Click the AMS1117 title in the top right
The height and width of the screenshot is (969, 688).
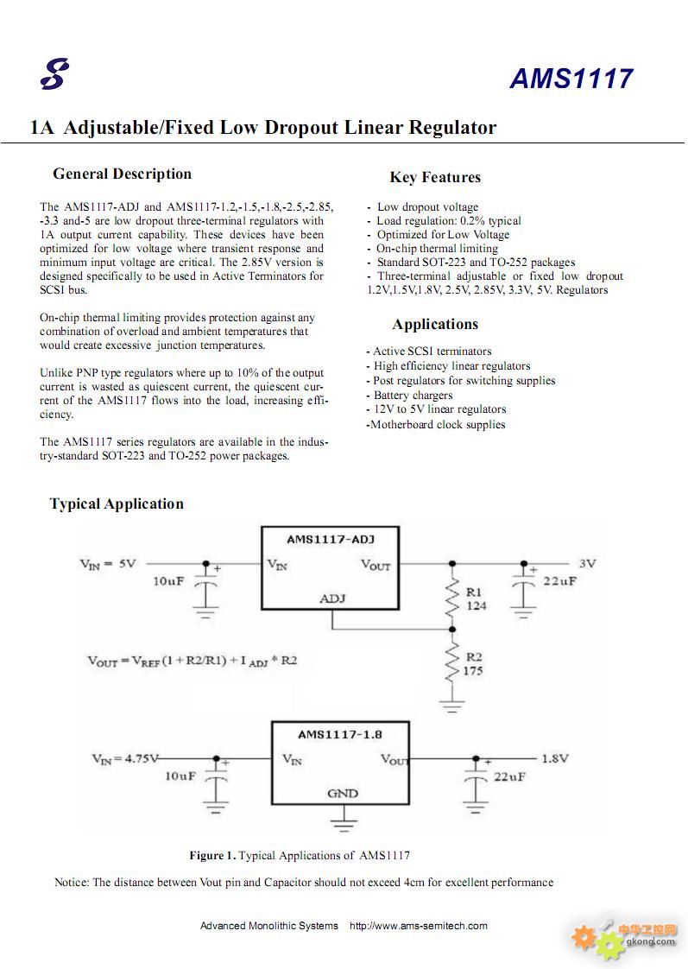[x=571, y=79]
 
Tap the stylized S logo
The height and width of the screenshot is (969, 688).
[x=54, y=74]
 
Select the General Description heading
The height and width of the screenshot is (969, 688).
[x=123, y=174]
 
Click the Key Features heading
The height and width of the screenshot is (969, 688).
[x=435, y=177]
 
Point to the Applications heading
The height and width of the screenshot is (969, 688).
[x=435, y=325]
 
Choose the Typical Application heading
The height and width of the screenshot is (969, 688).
[x=117, y=503]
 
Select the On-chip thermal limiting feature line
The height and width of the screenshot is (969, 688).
[x=433, y=249]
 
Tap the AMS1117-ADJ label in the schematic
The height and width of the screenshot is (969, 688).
[x=331, y=540]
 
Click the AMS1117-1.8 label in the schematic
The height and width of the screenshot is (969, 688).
[x=339, y=735]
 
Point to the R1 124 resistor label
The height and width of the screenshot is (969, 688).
[x=476, y=598]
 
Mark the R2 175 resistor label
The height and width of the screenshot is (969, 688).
[x=473, y=664]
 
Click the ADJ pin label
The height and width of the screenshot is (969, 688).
[x=332, y=598]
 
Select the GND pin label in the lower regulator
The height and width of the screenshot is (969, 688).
[x=342, y=794]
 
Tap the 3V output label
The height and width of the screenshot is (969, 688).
[x=587, y=564]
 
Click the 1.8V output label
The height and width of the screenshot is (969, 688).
[x=554, y=758]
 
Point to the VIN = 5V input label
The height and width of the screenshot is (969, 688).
[x=107, y=564]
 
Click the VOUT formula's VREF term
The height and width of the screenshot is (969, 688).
[x=146, y=662]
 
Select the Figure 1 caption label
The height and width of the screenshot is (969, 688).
[x=212, y=855]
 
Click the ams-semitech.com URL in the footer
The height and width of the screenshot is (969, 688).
[x=418, y=926]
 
